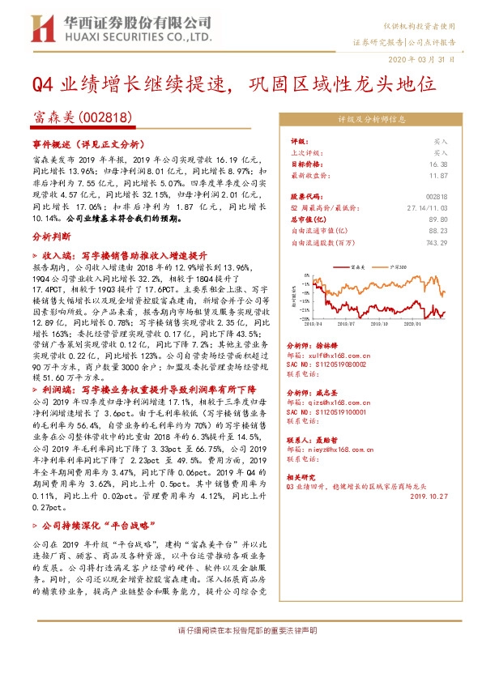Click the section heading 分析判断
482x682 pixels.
tap(45, 236)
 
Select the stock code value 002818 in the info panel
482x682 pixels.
tap(436, 196)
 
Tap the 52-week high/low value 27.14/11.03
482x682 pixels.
tap(428, 207)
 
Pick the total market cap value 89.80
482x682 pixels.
tap(439, 219)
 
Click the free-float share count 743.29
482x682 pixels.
tap(436, 241)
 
